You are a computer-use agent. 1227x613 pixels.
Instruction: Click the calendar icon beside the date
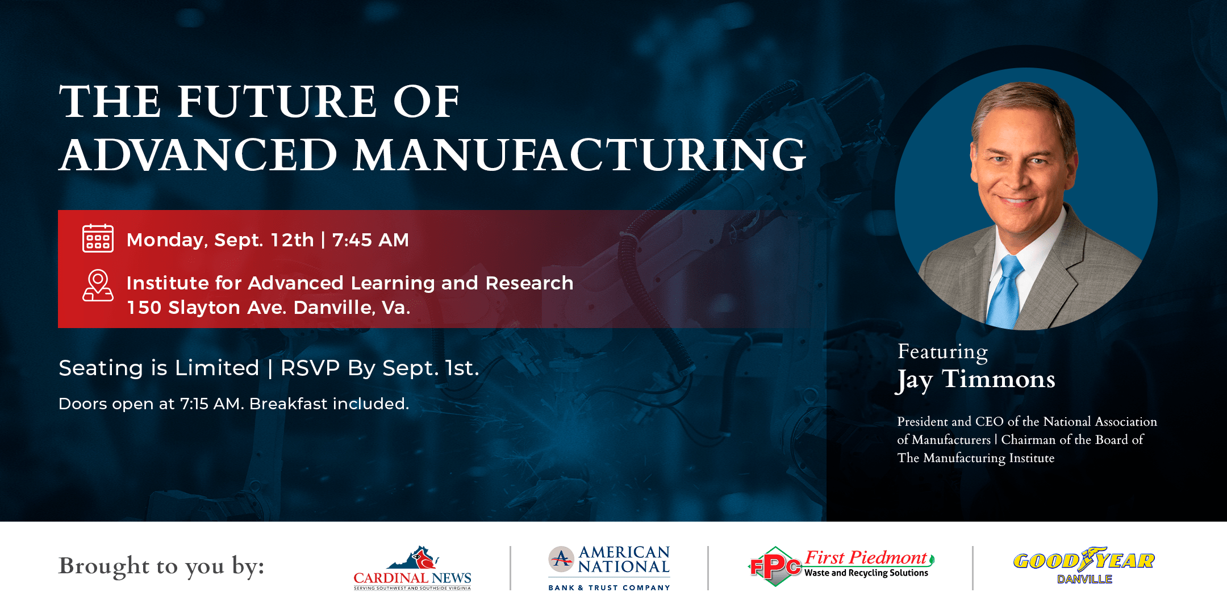point(98,238)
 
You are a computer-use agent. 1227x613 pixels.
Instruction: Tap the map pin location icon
point(98,285)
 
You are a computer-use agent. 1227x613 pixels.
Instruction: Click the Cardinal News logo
point(412,568)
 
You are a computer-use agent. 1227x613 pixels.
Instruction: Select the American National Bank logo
point(609,568)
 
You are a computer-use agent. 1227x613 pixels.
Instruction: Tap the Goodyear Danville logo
point(1084,566)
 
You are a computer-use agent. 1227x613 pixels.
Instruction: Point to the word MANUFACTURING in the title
point(579,154)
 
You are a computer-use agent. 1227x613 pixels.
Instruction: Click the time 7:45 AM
point(370,240)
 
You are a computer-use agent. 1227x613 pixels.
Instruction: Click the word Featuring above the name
point(942,352)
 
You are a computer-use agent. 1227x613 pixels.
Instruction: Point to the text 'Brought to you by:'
point(161,566)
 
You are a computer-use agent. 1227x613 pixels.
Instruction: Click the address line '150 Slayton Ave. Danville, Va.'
point(268,308)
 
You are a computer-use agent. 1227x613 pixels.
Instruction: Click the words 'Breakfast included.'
point(329,404)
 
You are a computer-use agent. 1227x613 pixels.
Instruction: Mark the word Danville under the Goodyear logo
point(1084,579)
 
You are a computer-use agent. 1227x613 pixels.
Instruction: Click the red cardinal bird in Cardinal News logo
point(423,559)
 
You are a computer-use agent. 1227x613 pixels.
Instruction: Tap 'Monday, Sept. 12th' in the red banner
point(220,240)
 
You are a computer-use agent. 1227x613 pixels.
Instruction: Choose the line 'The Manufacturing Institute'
point(976,458)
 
